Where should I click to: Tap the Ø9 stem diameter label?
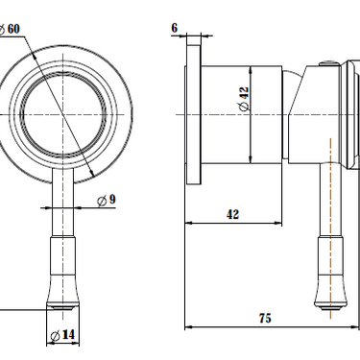(x=107, y=199)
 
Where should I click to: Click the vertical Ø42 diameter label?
(x=243, y=99)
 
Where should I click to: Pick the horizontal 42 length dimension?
(x=232, y=214)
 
